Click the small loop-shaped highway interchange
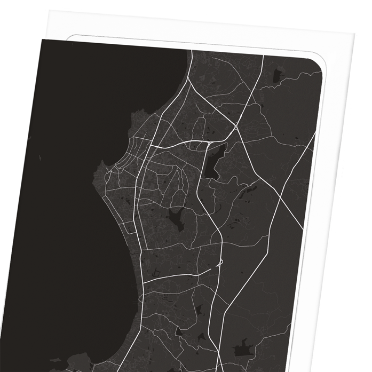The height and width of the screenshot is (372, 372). (218, 263)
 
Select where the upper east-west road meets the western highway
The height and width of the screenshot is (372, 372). (151, 146)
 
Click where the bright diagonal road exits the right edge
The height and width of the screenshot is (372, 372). (314, 136)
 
